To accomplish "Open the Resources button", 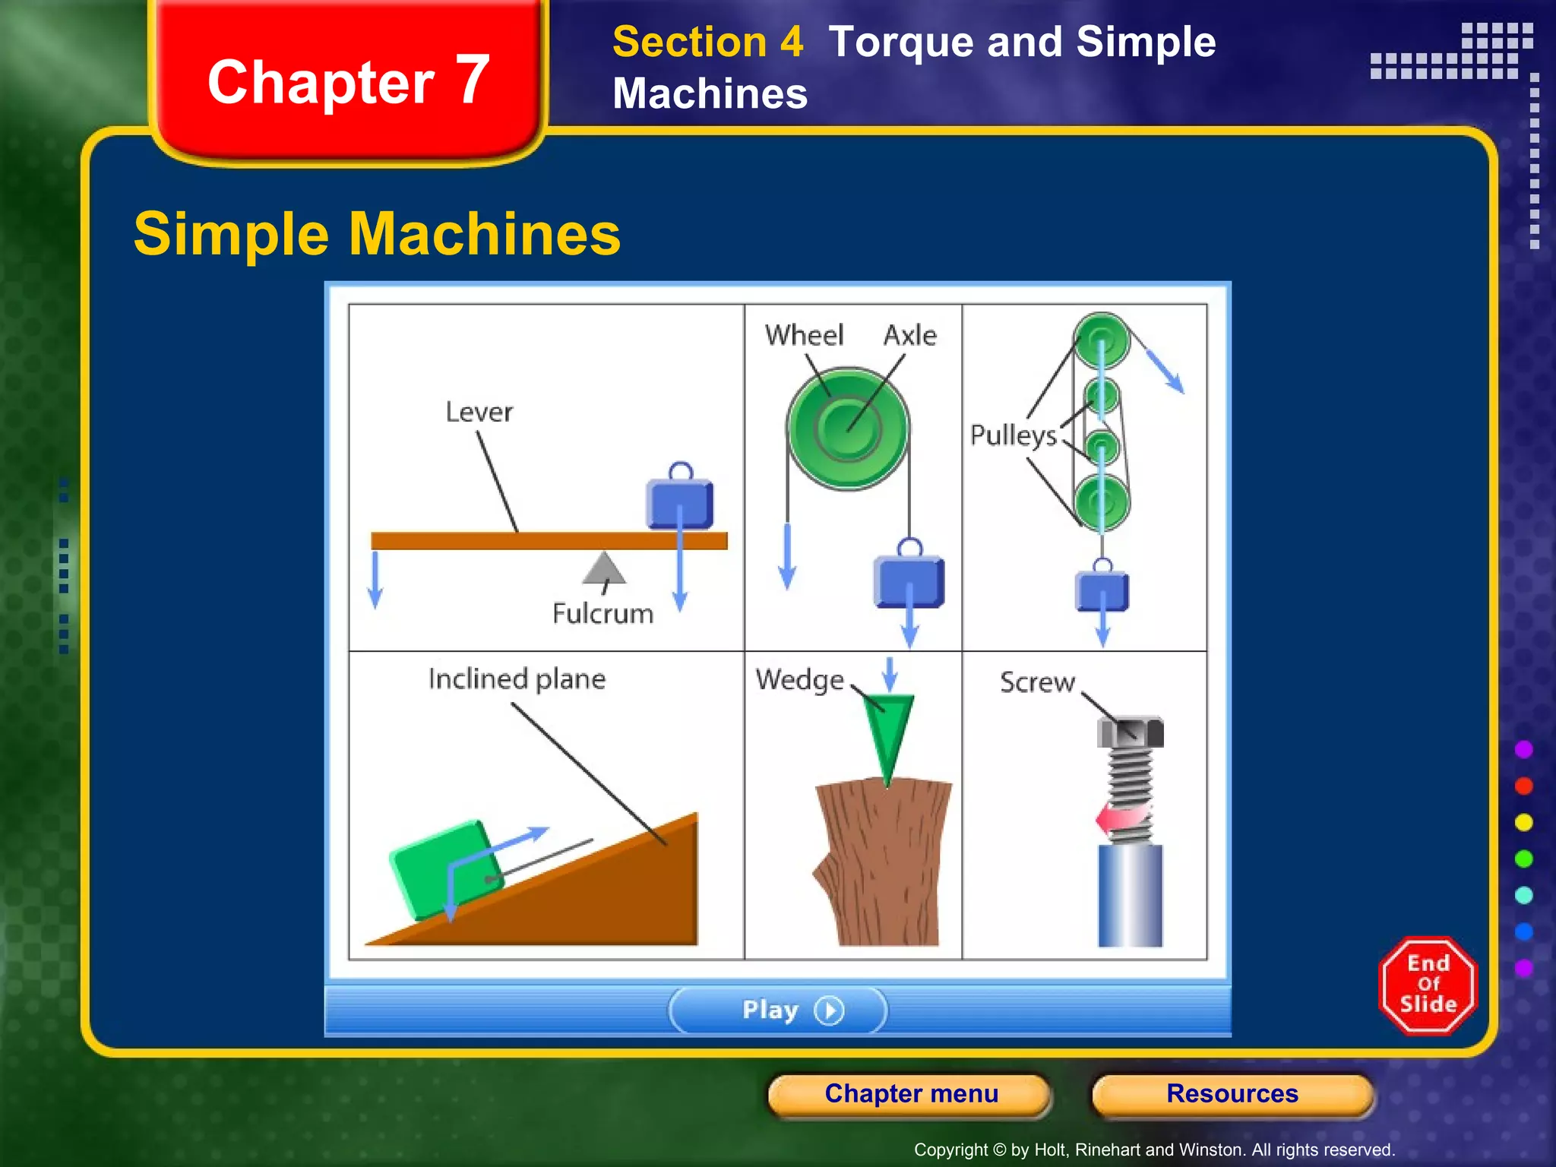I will pyautogui.click(x=1232, y=1093).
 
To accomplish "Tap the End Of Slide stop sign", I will pyautogui.click(x=1428, y=985).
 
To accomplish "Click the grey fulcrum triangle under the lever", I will pyautogui.click(x=604, y=569).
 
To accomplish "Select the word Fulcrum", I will pyautogui.click(x=602, y=613).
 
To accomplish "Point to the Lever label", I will pyautogui.click(x=479, y=412).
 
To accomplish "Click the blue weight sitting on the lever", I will pyautogui.click(x=679, y=502).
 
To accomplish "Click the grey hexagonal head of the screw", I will pyautogui.click(x=1130, y=732).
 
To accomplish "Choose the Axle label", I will pyautogui.click(x=909, y=335).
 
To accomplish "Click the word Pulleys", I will pyautogui.click(x=1013, y=435).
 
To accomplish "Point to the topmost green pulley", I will pyautogui.click(x=1102, y=340).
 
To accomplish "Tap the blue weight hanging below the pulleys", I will pyautogui.click(x=1102, y=591).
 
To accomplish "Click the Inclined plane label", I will pyautogui.click(x=517, y=678).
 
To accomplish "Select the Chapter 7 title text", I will pyautogui.click(x=348, y=81).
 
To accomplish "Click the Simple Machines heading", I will pyautogui.click(x=377, y=234).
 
